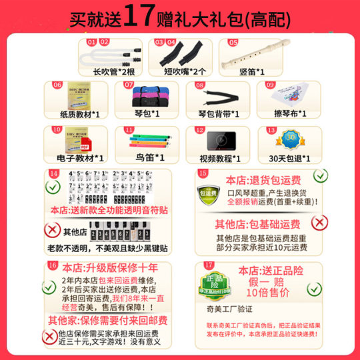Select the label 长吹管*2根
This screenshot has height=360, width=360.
[107, 71]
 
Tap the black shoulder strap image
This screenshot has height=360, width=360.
[213, 98]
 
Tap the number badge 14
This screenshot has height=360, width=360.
[54, 175]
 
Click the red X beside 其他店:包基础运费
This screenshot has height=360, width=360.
[319, 222]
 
